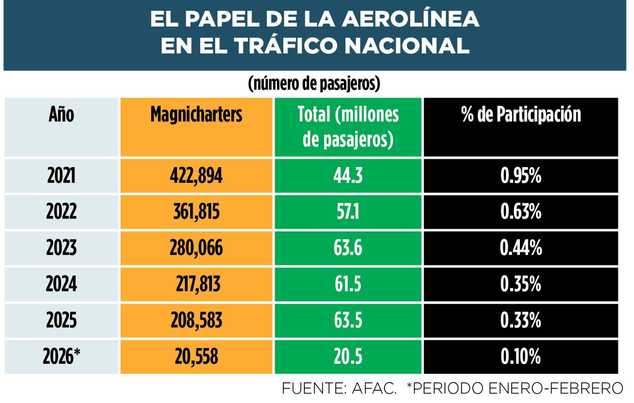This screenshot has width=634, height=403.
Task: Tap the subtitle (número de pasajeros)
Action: pos(314,84)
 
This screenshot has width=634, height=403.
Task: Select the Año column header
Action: pos(61,115)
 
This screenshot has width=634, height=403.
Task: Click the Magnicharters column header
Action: pos(196,115)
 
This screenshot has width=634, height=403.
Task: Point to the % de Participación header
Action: pos(521,115)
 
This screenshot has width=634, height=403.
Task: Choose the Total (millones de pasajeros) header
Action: pos(348,127)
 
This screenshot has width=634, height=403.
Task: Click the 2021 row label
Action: pos(61,175)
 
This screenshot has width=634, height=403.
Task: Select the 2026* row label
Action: pos(61,356)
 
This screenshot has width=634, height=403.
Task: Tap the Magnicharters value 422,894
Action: pos(196,175)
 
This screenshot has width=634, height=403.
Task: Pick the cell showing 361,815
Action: pos(196,212)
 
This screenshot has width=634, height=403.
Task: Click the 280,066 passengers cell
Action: pos(196,248)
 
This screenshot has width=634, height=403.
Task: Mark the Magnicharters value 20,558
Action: pos(196,356)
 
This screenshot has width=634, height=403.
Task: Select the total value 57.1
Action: pos(348,212)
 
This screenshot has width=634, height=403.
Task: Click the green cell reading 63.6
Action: pos(348,248)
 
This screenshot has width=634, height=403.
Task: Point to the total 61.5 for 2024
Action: pos(348,284)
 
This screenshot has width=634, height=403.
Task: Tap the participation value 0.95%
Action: pos(521,175)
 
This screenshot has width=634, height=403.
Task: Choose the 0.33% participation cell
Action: pos(521,320)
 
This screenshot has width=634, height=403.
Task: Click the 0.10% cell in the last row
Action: pos(521,356)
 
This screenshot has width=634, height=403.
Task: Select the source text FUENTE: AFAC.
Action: pos(339,388)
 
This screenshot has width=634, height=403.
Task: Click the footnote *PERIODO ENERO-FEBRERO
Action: pos(515,388)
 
